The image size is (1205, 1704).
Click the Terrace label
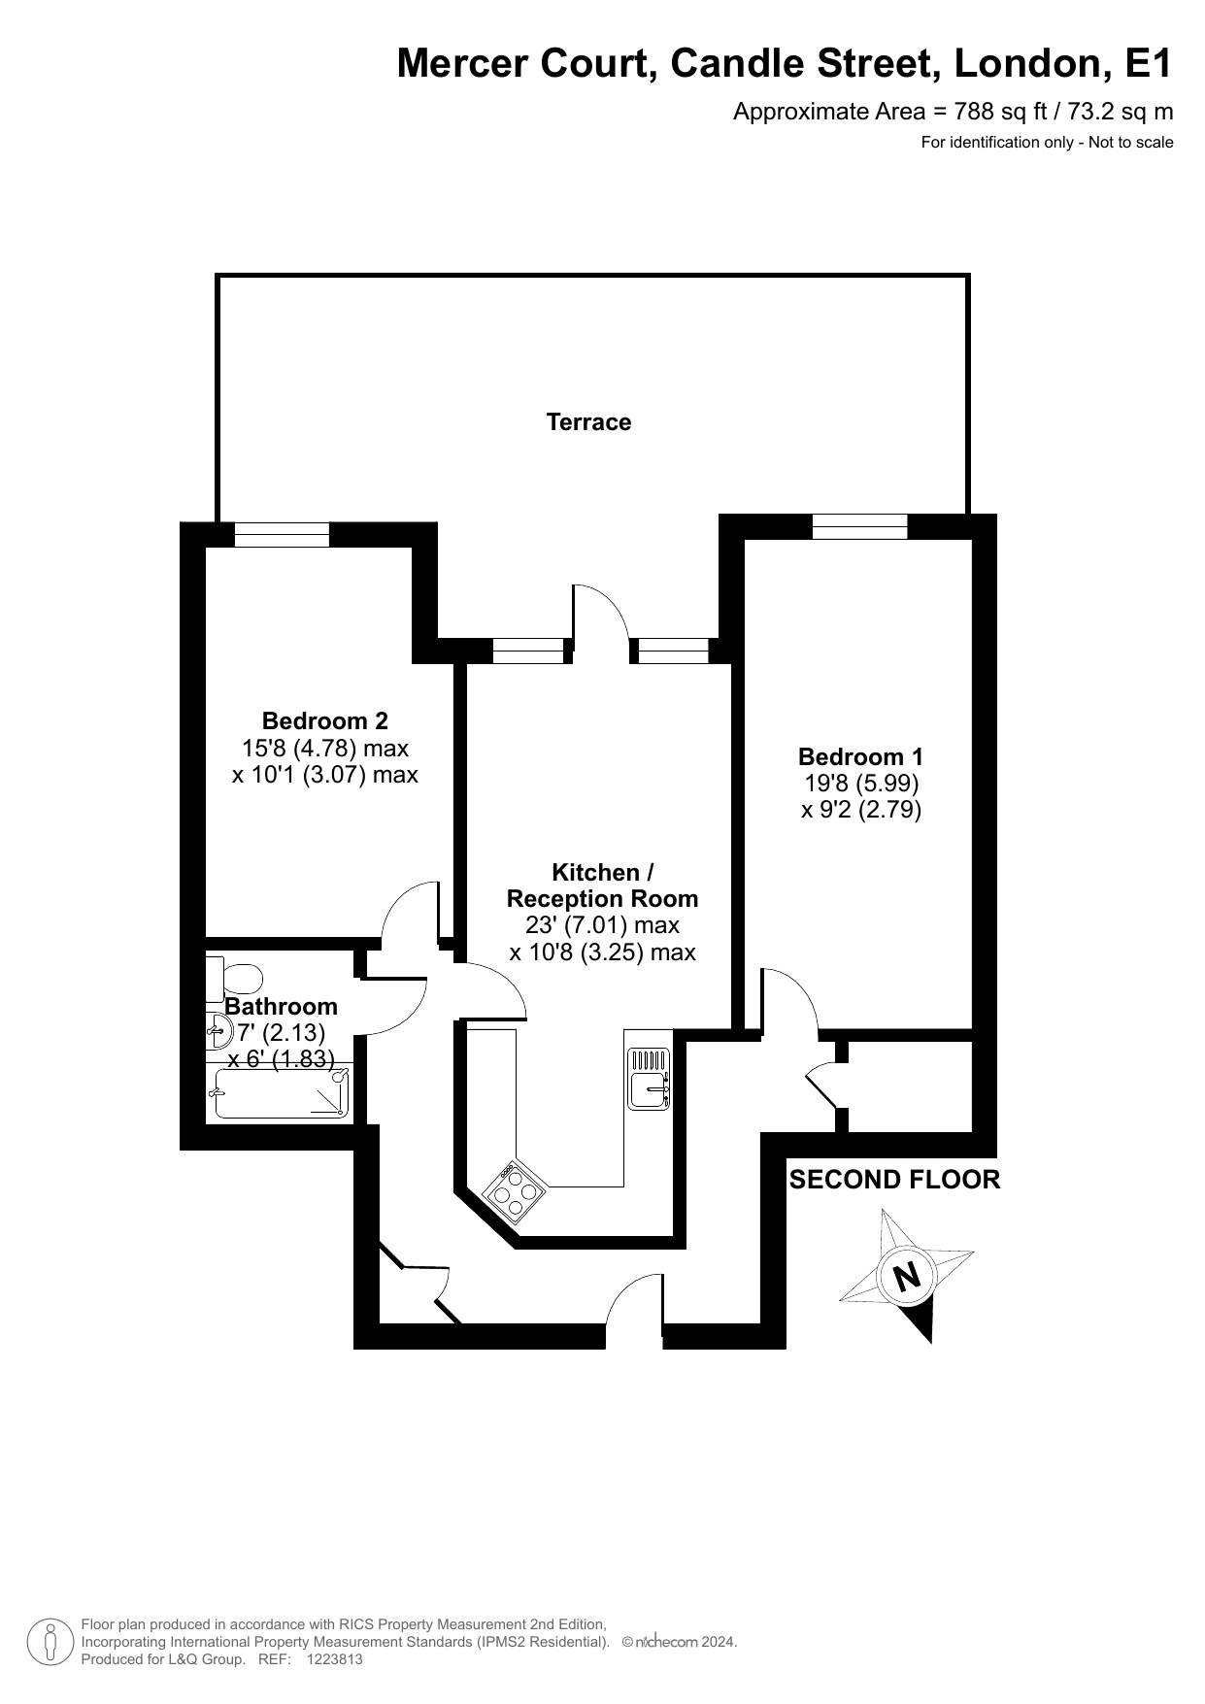[x=588, y=422]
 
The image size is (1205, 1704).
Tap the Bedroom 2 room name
[x=325, y=721]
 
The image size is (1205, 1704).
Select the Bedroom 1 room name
[x=861, y=756]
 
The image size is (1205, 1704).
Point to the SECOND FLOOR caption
[x=894, y=1180]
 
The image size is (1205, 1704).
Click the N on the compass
[x=907, y=1275]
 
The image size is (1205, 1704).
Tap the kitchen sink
[x=649, y=1078]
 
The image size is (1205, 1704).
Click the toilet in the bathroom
[x=234, y=978]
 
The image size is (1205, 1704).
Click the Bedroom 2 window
[x=283, y=535]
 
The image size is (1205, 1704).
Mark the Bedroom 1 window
[x=860, y=526]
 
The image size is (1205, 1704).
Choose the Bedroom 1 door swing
[x=789, y=999]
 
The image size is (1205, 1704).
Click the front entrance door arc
[x=635, y=1302]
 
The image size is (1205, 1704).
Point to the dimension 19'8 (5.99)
[x=861, y=783]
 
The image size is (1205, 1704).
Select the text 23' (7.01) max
[x=603, y=925]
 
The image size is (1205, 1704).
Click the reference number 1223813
[x=335, y=1659]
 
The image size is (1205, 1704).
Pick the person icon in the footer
[x=50, y=1641]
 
